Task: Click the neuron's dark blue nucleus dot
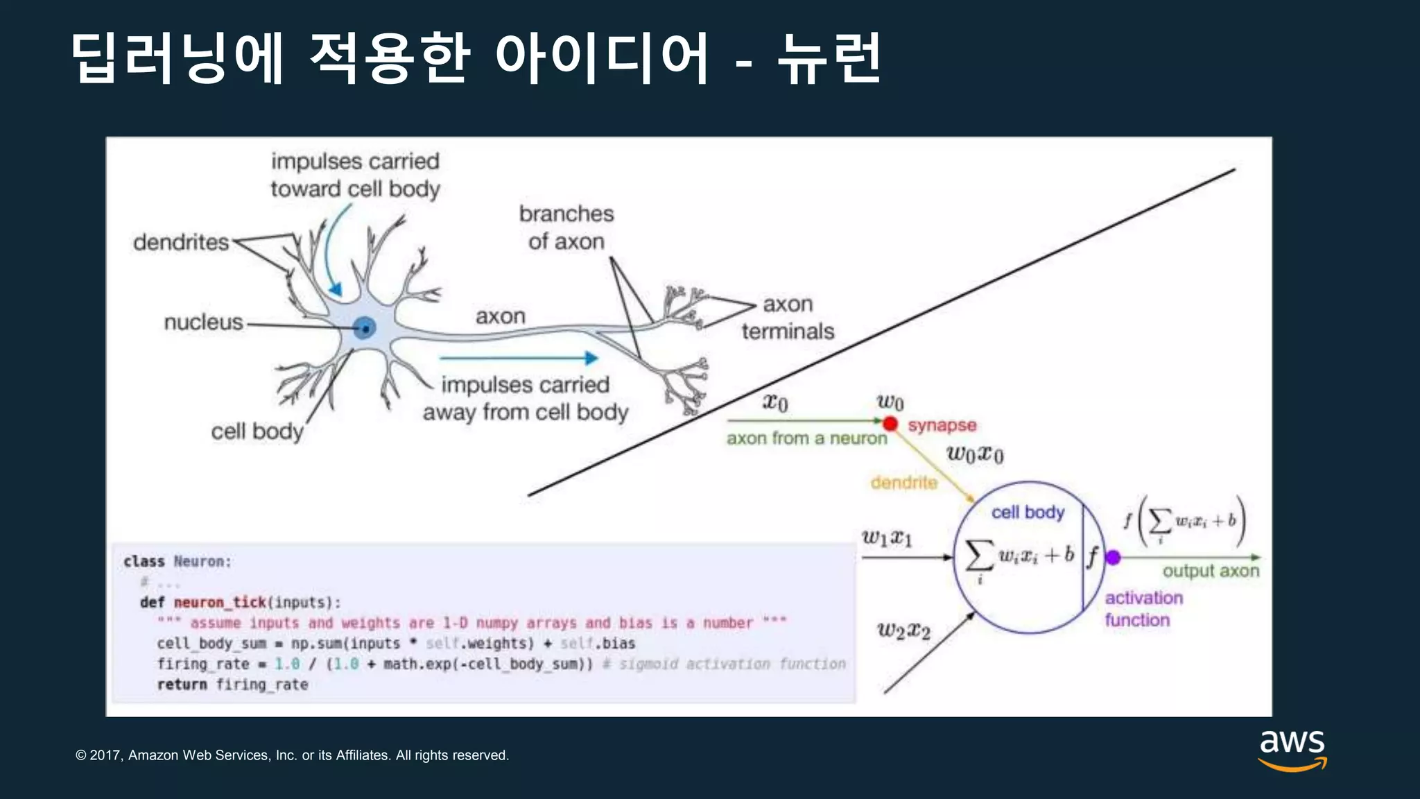point(365,328)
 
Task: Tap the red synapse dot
point(891,423)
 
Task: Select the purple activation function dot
point(1113,557)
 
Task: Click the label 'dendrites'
point(181,242)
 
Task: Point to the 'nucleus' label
point(203,322)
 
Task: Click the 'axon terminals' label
point(788,318)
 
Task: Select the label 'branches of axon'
point(566,227)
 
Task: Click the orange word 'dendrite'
point(903,482)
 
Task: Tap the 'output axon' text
point(1211,571)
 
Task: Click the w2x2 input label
point(903,630)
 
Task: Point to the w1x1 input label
point(887,538)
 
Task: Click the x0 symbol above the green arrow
point(775,402)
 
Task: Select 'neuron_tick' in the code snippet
point(220,602)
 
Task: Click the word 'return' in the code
point(182,685)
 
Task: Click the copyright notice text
point(292,755)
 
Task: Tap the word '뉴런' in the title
point(829,58)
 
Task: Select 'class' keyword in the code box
point(144,561)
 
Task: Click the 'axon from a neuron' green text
point(806,438)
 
